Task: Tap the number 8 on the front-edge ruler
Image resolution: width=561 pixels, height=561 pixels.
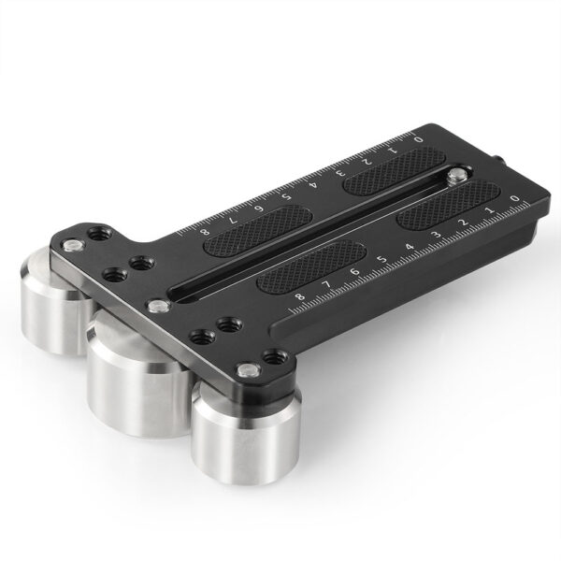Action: pyautogui.click(x=298, y=297)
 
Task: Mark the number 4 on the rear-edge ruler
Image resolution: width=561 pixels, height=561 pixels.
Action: pyautogui.click(x=318, y=182)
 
